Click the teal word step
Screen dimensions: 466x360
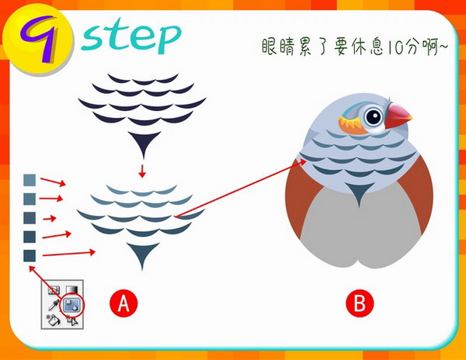(130, 37)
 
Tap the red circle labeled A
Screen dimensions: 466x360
(123, 303)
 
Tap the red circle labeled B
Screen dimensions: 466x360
(360, 303)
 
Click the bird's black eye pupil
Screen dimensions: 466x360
(374, 116)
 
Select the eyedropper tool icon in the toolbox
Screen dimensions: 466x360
(54, 305)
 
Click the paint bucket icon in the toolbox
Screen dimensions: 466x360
(54, 320)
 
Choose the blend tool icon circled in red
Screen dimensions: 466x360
(71, 305)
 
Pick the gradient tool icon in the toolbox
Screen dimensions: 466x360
(71, 289)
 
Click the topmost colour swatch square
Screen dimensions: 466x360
(30, 180)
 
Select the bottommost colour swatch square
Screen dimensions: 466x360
(30, 255)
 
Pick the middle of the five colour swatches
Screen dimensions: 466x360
(30, 218)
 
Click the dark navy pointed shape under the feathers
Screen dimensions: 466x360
(144, 141)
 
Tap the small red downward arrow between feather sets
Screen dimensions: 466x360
(142, 171)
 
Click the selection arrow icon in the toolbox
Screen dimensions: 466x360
(72, 321)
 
